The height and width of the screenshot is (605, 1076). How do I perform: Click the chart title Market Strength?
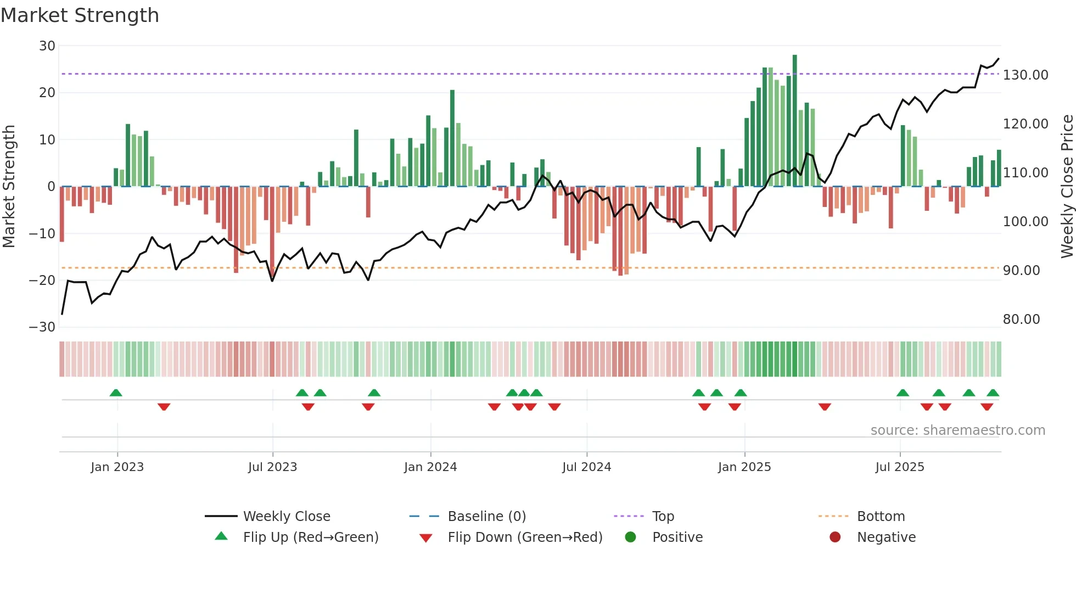[x=80, y=15]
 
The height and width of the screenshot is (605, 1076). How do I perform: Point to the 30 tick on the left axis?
[x=47, y=46]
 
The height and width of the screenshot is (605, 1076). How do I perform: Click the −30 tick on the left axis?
[x=42, y=327]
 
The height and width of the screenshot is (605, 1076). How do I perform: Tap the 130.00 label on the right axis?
[x=1025, y=75]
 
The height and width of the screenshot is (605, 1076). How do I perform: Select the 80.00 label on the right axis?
[x=1021, y=320]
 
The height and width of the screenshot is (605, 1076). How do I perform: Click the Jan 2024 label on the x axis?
[x=430, y=467]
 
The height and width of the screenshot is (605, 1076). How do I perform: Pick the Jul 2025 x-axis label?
[x=899, y=467]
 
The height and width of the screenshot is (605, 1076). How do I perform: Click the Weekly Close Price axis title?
[x=1067, y=187]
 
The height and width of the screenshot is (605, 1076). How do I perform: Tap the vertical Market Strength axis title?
[x=9, y=187]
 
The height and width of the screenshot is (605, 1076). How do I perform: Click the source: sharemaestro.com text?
[x=957, y=430]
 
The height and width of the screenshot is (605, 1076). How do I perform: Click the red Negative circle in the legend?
[x=835, y=537]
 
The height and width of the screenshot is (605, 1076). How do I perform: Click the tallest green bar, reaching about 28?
[x=794, y=121]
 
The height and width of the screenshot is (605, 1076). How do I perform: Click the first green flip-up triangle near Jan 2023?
[x=116, y=393]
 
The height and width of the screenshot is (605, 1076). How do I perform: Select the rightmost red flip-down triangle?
[x=987, y=407]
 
